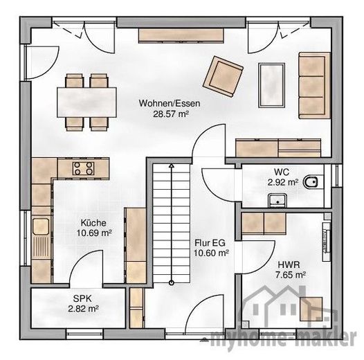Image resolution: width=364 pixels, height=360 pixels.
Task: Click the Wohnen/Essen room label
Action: pyautogui.click(x=170, y=103)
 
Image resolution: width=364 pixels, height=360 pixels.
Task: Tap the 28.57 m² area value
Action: pyautogui.click(x=170, y=114)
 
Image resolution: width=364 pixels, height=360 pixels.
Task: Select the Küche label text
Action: pyautogui.click(x=93, y=223)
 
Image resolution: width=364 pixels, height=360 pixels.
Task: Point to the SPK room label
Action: pyautogui.click(x=82, y=298)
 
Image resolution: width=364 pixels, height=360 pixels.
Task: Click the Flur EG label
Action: pyautogui.click(x=210, y=243)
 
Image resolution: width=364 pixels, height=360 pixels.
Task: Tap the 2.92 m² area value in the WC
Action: pyautogui.click(x=282, y=182)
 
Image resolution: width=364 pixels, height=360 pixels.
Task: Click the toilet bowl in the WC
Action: pyautogui.click(x=311, y=182)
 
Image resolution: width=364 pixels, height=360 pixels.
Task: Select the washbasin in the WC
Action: pyautogui.click(x=277, y=200)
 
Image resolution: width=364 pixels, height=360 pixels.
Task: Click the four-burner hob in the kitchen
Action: pyautogui.click(x=83, y=168)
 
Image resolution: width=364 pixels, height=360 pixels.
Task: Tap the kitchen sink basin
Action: pyautogui.click(x=41, y=226)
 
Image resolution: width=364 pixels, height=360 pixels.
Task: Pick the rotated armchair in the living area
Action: pyautogui.click(x=223, y=76)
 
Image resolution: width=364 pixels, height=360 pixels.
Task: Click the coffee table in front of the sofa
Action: pyautogui.click(x=271, y=85)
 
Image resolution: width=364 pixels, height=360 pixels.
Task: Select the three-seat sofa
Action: pyautogui.click(x=314, y=85)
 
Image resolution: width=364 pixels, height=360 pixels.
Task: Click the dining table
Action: pyautogui.click(x=87, y=102)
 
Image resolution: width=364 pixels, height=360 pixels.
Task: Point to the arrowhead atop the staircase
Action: pyautogui.click(x=172, y=165)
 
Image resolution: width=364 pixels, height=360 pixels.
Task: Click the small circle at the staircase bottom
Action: pyautogui.click(x=172, y=282)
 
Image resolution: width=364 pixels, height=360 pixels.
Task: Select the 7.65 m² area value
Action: pyautogui.click(x=290, y=275)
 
